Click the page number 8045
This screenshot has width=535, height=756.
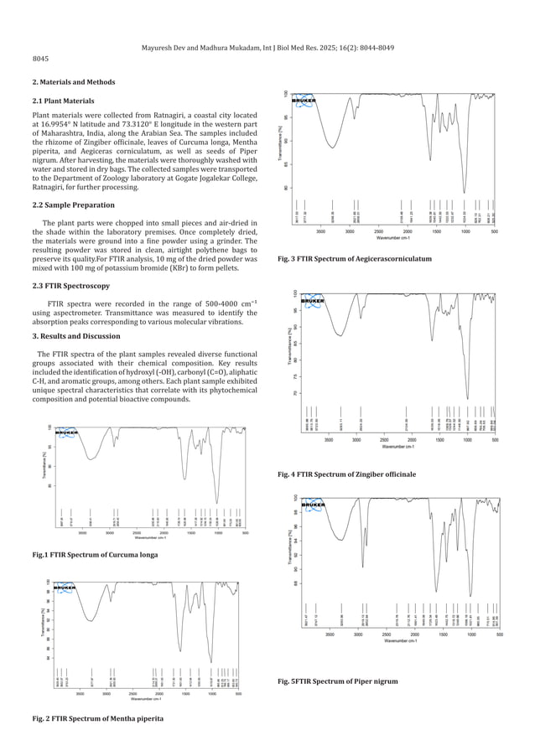click(x=40, y=60)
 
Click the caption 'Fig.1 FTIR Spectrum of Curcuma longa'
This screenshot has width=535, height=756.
click(x=93, y=555)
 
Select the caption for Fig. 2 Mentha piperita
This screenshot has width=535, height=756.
click(x=98, y=718)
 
